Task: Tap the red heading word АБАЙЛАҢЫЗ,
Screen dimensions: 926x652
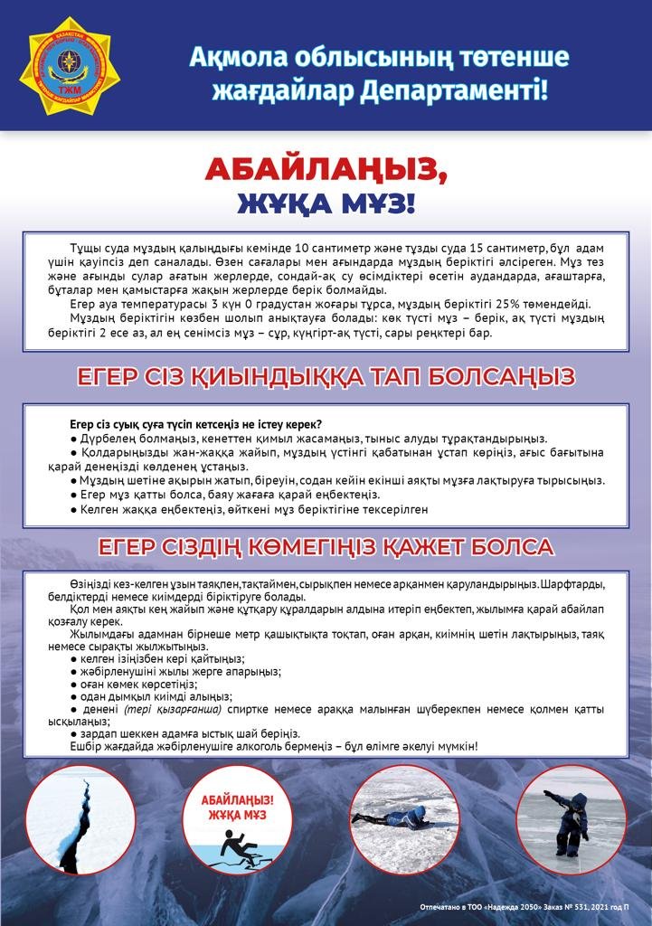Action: (326, 169)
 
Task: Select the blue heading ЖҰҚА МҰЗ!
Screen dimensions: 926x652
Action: (326, 203)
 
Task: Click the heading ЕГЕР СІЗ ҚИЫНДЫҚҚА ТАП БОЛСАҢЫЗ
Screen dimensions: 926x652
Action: (326, 377)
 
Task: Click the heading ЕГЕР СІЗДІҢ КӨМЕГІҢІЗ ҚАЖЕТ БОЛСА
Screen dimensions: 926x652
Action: (326, 547)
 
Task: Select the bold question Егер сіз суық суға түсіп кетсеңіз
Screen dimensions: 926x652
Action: (196, 424)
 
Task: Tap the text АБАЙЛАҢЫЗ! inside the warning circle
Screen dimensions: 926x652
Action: (240, 801)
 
